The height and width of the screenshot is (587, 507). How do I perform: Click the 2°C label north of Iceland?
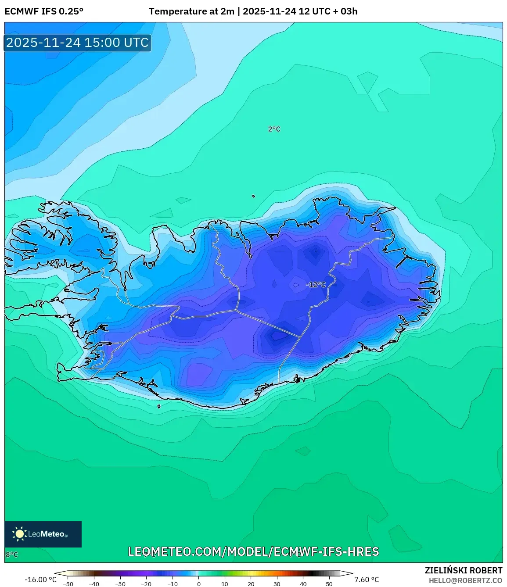[274, 129]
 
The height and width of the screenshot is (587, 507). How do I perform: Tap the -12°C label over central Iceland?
[316, 285]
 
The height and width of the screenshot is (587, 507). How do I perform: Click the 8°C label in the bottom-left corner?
[12, 555]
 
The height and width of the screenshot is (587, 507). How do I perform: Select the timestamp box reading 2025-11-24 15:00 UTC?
[78, 43]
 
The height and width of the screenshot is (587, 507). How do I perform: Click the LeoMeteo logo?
[43, 534]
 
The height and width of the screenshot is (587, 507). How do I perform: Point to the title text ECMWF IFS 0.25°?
[44, 11]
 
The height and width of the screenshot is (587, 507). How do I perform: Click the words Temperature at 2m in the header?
[191, 11]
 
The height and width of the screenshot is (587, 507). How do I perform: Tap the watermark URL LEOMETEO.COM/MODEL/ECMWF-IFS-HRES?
[253, 551]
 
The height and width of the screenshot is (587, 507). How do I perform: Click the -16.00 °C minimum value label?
[40, 580]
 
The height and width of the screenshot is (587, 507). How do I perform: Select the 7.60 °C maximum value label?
[367, 580]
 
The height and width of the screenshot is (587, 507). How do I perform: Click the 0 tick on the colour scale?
[199, 584]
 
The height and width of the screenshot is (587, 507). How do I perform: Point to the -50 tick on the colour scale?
[68, 584]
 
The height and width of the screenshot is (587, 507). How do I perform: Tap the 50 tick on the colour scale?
[329, 584]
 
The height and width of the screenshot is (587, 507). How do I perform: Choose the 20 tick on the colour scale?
[251, 584]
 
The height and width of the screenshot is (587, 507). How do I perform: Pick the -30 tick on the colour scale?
[120, 584]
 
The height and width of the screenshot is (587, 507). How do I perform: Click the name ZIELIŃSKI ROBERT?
[464, 570]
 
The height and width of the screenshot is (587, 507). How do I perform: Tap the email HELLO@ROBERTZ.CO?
[465, 580]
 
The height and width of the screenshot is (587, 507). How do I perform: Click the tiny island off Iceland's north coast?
[253, 196]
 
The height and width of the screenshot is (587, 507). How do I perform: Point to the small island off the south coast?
[159, 406]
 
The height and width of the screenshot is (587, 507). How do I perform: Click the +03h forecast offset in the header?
[349, 11]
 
